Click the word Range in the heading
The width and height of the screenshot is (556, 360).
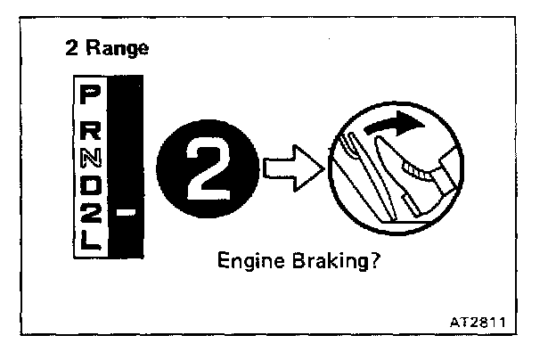point(119,48)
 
